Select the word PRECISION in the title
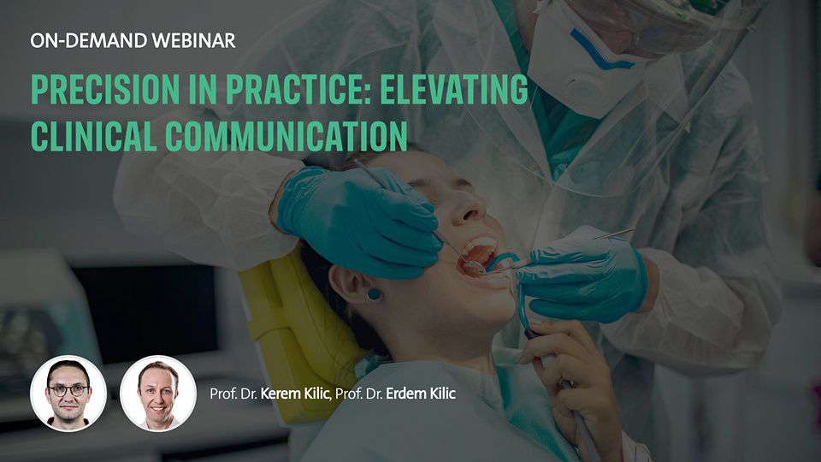point(105,89)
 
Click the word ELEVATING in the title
point(454,89)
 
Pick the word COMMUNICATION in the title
point(286,136)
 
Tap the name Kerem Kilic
point(295,394)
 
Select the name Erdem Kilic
point(421,394)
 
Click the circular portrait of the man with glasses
point(68,394)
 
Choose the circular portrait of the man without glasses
point(158,394)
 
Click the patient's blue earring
point(374,294)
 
